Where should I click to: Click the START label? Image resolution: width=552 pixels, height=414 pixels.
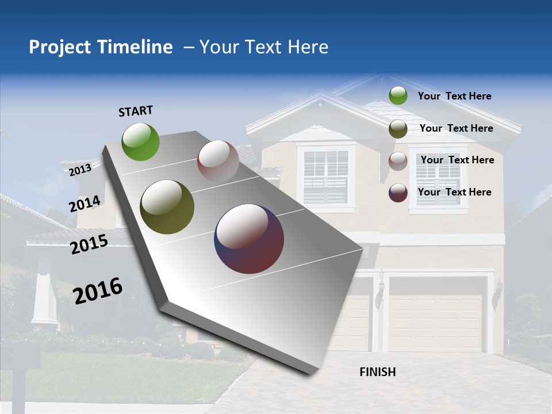pyautogui.click(x=136, y=111)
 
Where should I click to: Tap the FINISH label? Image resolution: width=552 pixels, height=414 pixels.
pyautogui.click(x=378, y=372)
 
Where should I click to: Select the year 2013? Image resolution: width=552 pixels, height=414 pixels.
pyautogui.click(x=80, y=170)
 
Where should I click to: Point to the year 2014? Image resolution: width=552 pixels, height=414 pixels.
pyautogui.click(x=85, y=204)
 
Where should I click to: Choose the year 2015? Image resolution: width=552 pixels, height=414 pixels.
pyautogui.click(x=89, y=244)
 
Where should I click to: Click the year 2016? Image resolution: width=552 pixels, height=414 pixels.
pyautogui.click(x=98, y=291)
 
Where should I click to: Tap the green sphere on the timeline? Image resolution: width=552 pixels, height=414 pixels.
pyautogui.click(x=140, y=141)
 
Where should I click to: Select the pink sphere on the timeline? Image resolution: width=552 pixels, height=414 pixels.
pyautogui.click(x=218, y=161)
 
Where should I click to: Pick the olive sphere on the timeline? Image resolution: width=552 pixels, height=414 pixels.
pyautogui.click(x=167, y=207)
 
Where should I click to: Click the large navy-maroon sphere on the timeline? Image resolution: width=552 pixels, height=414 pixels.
pyautogui.click(x=249, y=239)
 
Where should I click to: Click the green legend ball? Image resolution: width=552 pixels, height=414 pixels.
pyautogui.click(x=398, y=96)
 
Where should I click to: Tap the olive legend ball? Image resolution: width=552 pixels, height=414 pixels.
pyautogui.click(x=398, y=129)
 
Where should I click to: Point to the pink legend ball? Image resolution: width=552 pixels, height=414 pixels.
pyautogui.click(x=398, y=161)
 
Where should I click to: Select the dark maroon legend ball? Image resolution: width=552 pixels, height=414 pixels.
pyautogui.click(x=398, y=193)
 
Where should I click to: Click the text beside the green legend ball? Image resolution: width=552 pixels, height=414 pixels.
pyautogui.click(x=454, y=97)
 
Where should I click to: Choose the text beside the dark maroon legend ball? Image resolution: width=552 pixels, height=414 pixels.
pyautogui.click(x=454, y=192)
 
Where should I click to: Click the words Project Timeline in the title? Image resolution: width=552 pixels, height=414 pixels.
pyautogui.click(x=101, y=47)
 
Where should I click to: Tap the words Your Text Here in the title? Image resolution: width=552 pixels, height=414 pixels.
pyautogui.click(x=264, y=47)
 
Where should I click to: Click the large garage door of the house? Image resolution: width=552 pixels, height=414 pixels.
pyautogui.click(x=436, y=322)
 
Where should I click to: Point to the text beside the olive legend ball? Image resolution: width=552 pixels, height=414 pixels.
pyautogui.click(x=456, y=128)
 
